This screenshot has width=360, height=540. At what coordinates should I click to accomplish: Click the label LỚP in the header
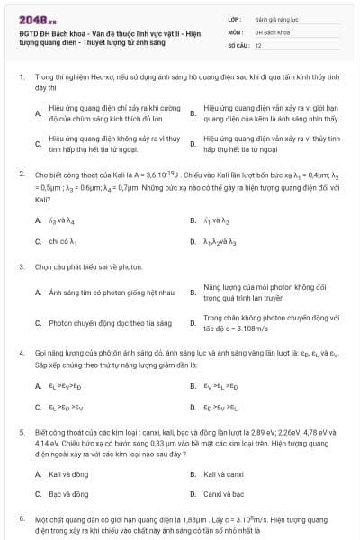point(234,18)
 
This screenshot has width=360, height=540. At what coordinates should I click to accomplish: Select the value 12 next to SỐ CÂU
point(258,44)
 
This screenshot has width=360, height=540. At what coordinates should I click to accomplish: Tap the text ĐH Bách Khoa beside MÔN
point(271,31)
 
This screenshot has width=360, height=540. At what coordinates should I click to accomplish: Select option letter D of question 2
point(193,242)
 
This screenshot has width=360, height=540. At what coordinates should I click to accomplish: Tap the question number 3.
point(21,267)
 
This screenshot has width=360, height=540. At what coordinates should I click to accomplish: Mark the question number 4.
point(21,354)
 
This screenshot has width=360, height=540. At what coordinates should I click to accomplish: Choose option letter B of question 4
point(193,386)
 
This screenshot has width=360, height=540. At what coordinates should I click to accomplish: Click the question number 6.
point(21,519)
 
